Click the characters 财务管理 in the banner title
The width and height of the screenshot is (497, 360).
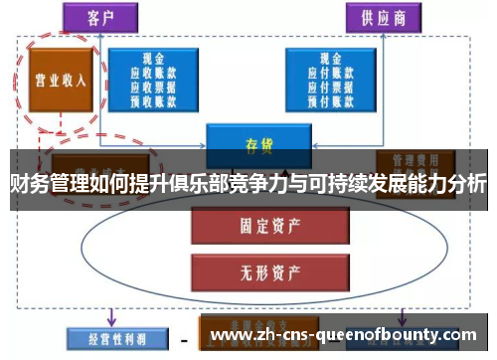[x=48, y=184]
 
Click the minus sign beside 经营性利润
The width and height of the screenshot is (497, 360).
[x=183, y=337]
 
